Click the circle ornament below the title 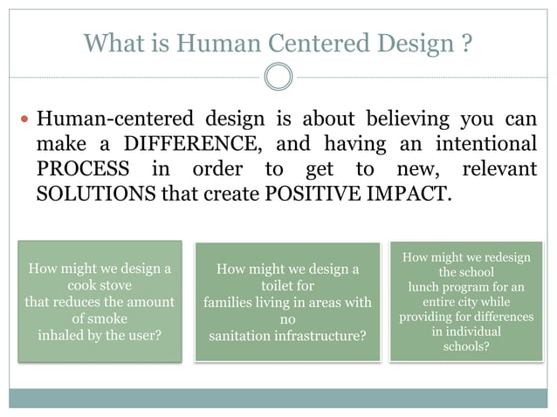click(278, 77)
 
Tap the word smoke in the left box click(107, 318)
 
